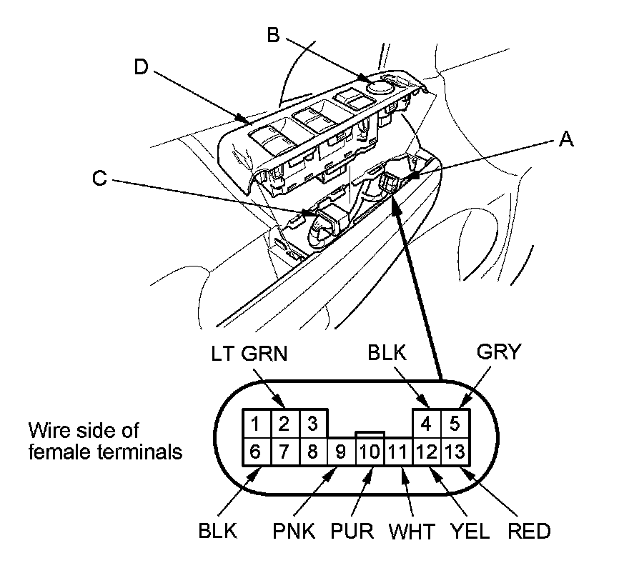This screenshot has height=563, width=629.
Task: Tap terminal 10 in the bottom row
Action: tap(370, 452)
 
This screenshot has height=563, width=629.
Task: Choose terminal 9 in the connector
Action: tap(341, 452)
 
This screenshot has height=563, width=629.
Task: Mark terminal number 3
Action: tap(312, 424)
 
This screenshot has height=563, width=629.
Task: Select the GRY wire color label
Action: tap(500, 352)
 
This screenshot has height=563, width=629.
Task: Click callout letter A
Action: tap(565, 140)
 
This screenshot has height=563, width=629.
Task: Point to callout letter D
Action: tap(143, 67)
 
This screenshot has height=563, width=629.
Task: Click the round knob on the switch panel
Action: tap(377, 85)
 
